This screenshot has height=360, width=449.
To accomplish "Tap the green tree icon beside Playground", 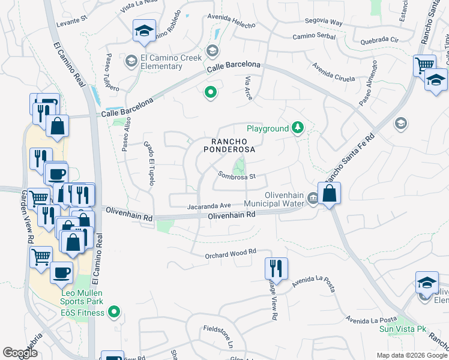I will pos(297,128).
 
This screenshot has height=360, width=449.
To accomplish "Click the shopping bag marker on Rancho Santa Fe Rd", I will pos(329,194).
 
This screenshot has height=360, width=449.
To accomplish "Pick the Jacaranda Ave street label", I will pos(209,206).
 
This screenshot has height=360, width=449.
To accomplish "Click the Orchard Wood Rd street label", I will pos(230,253).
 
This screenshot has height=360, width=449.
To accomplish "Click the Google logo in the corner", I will pos(20,353).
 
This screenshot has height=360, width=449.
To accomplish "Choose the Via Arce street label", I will pos(248,88).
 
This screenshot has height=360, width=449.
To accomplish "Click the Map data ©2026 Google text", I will pos(411,355).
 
